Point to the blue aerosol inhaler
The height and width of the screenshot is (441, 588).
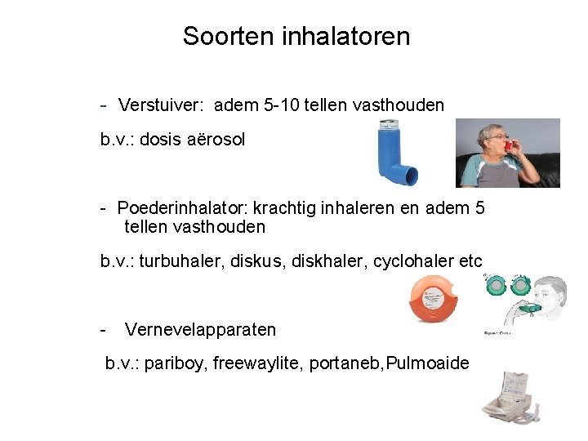(395, 153)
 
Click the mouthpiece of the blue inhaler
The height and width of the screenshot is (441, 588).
(406, 174)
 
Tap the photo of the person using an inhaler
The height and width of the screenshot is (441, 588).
(507, 153)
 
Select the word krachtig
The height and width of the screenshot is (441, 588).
(291, 208)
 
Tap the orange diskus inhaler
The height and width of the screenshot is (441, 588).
(437, 299)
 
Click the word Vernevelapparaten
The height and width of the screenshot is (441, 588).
(200, 330)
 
